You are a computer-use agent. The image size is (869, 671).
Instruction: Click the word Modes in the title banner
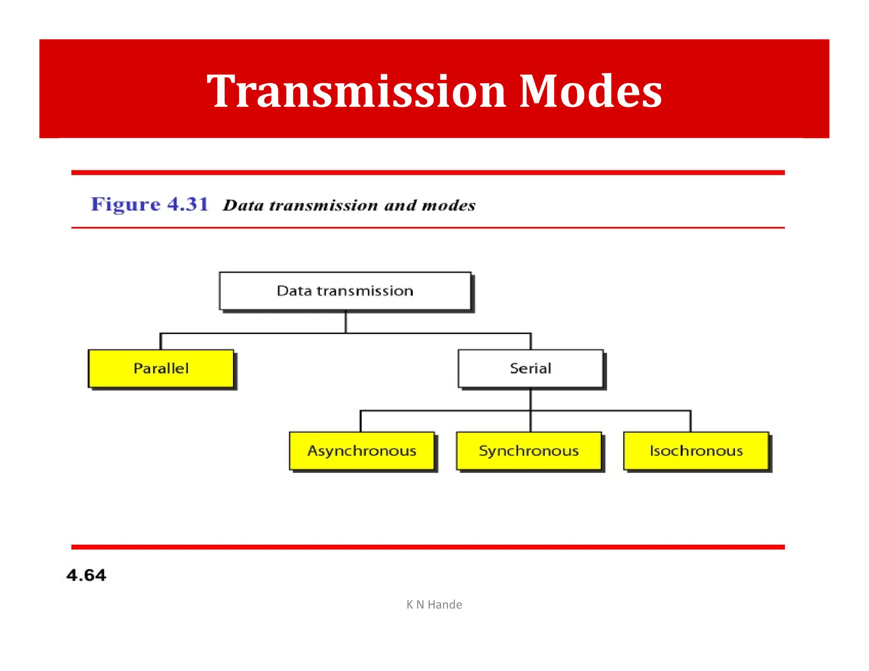(591, 91)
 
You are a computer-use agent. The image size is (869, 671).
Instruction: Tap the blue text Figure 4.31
(150, 204)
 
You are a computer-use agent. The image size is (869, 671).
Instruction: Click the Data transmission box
(345, 291)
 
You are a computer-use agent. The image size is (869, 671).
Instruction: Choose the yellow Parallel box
(161, 369)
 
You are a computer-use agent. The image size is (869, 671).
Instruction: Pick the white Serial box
(530, 369)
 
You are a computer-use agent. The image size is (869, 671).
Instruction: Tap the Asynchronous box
(362, 451)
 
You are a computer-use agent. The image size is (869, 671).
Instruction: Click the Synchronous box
(529, 451)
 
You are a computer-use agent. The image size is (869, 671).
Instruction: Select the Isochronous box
(696, 451)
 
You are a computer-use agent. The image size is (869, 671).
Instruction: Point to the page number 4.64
(86, 576)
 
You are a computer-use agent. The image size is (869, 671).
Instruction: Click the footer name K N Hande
(434, 604)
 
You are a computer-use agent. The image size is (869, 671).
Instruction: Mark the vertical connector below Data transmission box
(346, 322)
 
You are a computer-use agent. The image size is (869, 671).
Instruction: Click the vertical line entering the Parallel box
(160, 341)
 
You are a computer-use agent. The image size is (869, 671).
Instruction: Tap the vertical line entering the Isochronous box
(690, 421)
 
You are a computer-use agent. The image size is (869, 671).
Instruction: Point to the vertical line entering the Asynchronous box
(361, 421)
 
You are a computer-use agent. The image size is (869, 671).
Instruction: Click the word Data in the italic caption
(244, 206)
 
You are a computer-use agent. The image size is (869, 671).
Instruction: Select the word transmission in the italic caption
(324, 206)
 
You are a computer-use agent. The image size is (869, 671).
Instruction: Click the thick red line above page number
(428, 547)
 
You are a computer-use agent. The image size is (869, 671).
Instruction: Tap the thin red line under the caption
(428, 228)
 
